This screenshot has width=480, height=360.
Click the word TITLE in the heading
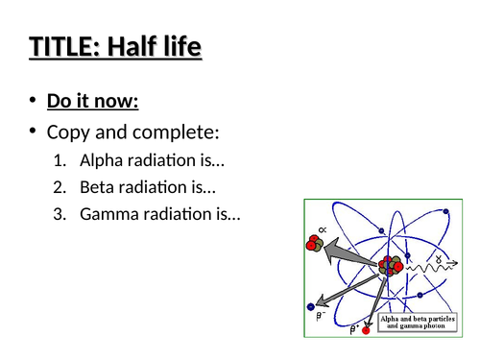click(x=61, y=47)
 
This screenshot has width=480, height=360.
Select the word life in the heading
click(x=184, y=47)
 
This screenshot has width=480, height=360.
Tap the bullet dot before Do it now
click(x=34, y=100)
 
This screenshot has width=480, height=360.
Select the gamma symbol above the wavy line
click(x=439, y=259)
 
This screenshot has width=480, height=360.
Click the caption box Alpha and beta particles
click(x=420, y=321)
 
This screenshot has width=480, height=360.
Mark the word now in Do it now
click(x=135, y=100)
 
